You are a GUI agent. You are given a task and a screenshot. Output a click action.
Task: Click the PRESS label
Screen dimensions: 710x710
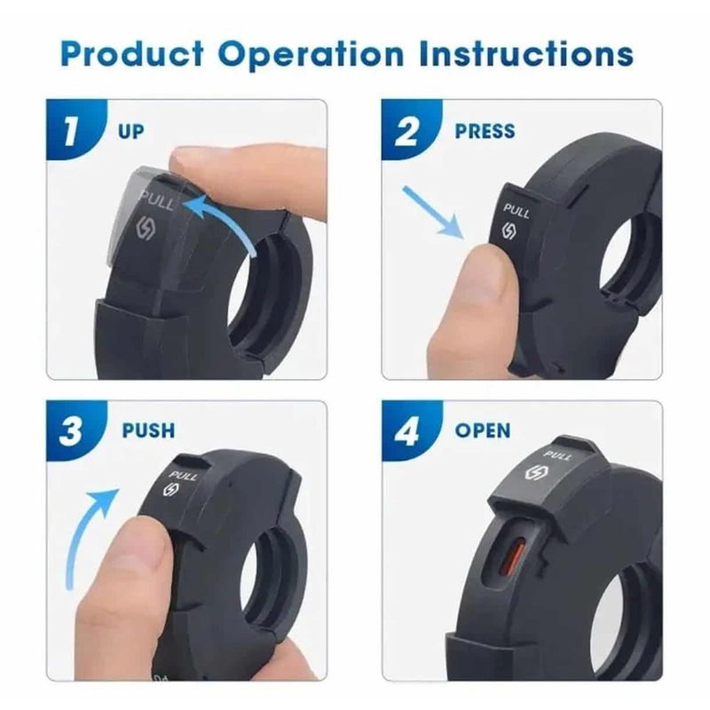coord(485,132)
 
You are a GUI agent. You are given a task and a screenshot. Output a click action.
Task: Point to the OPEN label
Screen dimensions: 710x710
coord(483,431)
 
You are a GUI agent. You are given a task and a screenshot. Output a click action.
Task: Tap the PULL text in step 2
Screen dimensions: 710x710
coord(517,211)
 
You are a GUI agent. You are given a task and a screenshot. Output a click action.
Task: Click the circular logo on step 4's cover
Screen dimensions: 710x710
coord(536,472)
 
